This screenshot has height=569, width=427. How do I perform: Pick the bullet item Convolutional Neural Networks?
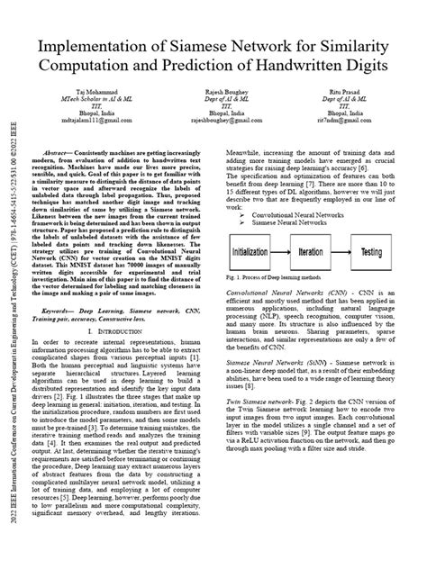pyautogui.click(x=294, y=216)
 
